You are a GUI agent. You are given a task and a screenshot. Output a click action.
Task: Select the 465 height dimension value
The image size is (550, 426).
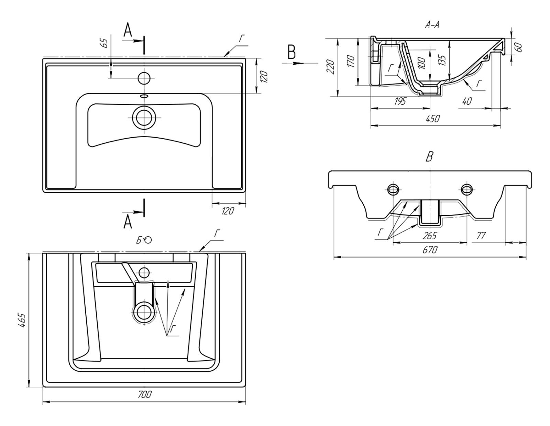coord(21,320)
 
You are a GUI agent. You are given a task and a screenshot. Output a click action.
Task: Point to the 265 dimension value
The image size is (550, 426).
coord(430,236)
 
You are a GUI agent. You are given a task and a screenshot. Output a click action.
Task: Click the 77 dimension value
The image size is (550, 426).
coord(481,236)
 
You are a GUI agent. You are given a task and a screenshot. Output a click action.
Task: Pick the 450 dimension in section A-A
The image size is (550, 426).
coord(432,119)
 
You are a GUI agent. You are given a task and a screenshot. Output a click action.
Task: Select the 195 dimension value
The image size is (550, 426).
coord(400,101)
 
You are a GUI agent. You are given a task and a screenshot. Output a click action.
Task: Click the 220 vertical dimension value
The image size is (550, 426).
coord(331,67)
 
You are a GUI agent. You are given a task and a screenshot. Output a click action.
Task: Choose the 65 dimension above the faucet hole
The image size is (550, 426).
coord(105,43)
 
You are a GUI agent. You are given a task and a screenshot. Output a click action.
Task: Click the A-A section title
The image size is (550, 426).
coord(432,24)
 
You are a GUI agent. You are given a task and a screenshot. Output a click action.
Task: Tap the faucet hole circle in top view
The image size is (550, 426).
coord(144,78)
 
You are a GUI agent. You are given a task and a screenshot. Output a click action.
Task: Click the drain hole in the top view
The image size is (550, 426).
coord(144,118)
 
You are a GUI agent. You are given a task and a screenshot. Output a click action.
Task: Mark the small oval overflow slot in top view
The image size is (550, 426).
coord(144,96)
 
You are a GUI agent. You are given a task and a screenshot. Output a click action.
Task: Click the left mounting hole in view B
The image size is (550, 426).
coord(393,189)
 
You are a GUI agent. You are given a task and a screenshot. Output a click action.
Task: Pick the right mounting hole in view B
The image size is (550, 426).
coord(466,189)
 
